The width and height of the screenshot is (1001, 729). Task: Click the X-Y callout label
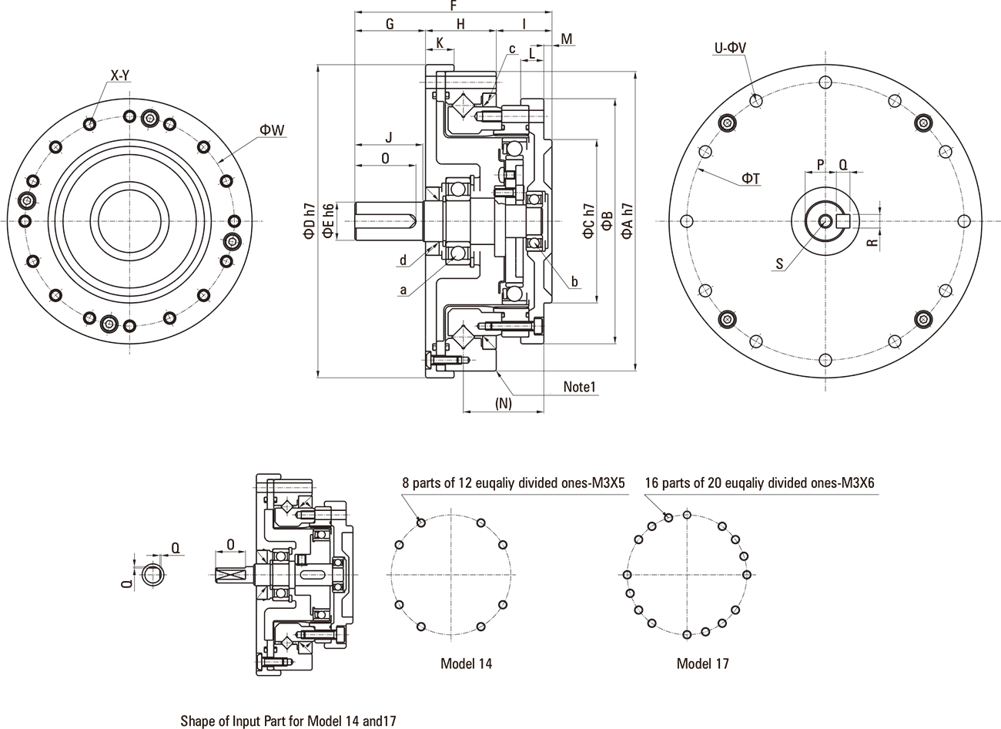pos(119,76)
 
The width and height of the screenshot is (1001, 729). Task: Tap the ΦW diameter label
pos(273,130)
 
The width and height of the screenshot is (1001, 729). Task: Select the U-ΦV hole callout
pos(730,48)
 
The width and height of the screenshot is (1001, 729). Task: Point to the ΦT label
pos(751,179)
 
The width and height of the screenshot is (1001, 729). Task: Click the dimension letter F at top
pos(454,5)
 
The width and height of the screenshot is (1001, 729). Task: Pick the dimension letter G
pos(390,24)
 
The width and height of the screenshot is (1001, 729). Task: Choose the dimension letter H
pos(460,24)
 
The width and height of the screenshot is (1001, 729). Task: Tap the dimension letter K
pos(440,43)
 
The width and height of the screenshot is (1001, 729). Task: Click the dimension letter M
pos(567,39)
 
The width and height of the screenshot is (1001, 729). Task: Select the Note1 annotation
pos(580,387)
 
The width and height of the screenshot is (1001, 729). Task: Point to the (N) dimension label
pos(504,403)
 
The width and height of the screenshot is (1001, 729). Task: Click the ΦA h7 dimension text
pos(628,220)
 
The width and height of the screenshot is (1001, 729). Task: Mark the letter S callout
pos(779,264)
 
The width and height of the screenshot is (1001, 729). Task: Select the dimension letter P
pos(820,164)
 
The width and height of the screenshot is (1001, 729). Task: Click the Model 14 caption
pos(466,663)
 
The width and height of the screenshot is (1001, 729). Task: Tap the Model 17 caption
pos(702,663)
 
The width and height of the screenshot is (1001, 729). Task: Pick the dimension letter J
pos(389,138)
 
